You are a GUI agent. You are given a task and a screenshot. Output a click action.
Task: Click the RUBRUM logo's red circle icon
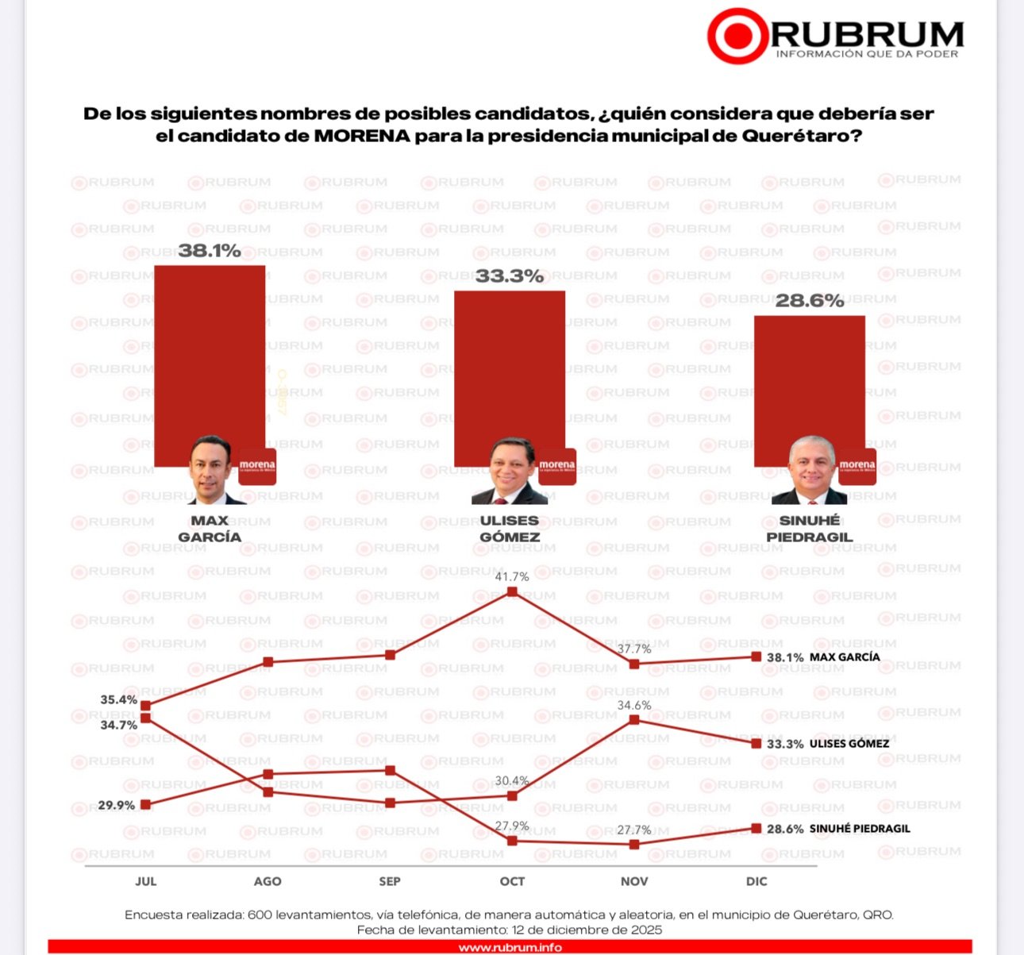point(738,36)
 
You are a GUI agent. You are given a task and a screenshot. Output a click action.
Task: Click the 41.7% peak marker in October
point(512,591)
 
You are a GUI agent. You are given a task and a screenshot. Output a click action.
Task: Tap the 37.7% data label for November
point(634,649)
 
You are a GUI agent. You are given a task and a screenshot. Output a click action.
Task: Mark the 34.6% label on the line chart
point(634,705)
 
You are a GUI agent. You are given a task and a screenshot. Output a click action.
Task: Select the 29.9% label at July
point(117,805)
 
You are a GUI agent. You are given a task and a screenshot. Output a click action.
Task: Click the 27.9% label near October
point(512,826)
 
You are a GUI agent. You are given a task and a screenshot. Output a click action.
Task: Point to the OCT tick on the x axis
point(512,881)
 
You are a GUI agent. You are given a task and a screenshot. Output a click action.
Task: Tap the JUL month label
point(145,881)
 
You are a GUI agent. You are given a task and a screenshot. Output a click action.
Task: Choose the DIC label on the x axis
point(756,881)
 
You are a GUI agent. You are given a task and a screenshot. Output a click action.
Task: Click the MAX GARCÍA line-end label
point(845,657)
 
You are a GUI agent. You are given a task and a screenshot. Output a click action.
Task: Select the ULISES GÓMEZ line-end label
point(849,744)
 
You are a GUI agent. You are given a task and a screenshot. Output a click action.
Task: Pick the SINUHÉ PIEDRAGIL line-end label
point(860,829)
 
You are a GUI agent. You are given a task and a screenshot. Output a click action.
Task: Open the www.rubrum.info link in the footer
point(510,947)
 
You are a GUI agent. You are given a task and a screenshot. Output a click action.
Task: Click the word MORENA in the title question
point(362,136)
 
